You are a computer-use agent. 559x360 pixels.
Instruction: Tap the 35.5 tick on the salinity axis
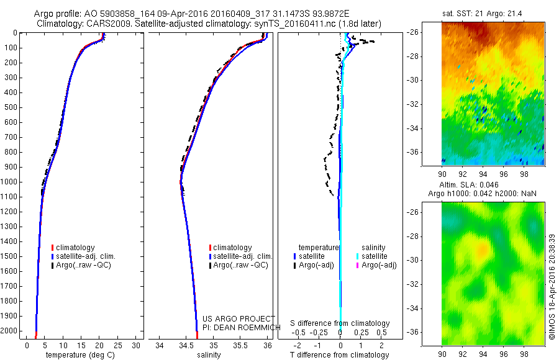point(240,345)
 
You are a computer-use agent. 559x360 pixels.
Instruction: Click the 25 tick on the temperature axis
point(119,345)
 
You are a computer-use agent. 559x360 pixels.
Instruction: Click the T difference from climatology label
point(340,355)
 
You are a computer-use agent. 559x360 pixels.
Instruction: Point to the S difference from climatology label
point(340,323)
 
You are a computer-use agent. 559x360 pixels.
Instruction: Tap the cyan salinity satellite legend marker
point(358,256)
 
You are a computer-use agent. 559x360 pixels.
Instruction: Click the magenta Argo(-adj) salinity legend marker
point(358,265)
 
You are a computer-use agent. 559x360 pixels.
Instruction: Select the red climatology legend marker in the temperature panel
point(53,248)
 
